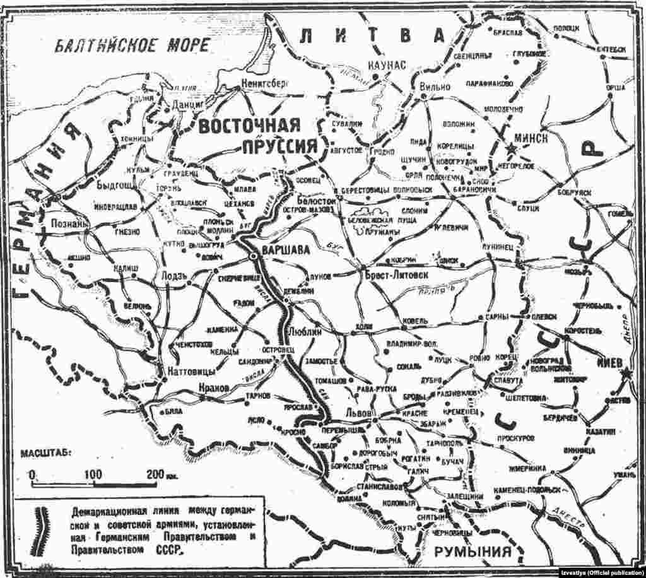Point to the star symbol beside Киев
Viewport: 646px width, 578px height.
point(626,375)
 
